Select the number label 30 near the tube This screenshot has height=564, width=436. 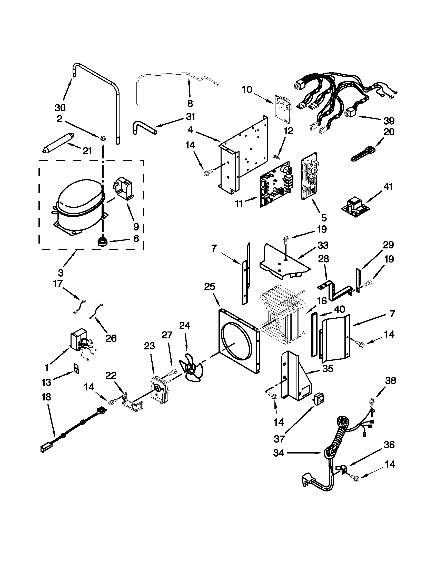point(60,107)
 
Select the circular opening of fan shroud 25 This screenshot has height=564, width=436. point(235,342)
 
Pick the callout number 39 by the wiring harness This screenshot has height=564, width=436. point(389,121)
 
